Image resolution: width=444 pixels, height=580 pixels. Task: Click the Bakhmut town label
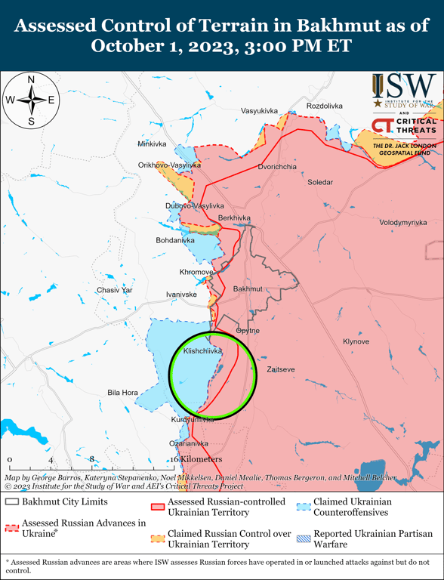(248, 289)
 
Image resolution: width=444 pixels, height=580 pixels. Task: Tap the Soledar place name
(319, 182)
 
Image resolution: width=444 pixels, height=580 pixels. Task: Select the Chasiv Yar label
(114, 290)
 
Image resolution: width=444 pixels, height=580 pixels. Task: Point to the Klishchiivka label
(202, 351)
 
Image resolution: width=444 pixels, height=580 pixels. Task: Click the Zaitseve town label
(280, 369)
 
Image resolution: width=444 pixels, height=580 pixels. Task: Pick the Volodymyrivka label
(402, 223)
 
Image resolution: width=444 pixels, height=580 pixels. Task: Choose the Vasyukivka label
(259, 111)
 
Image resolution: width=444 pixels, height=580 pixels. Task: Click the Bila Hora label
(122, 393)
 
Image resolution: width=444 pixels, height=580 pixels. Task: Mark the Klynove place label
(356, 341)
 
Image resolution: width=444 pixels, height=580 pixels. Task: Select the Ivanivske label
(181, 294)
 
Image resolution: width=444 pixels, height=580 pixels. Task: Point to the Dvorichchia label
(276, 166)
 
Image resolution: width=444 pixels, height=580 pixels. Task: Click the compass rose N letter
(31, 79)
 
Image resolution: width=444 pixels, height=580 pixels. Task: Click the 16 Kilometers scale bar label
(196, 459)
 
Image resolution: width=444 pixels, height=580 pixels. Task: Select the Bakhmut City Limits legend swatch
(11, 501)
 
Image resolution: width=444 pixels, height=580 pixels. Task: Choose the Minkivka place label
(152, 143)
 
